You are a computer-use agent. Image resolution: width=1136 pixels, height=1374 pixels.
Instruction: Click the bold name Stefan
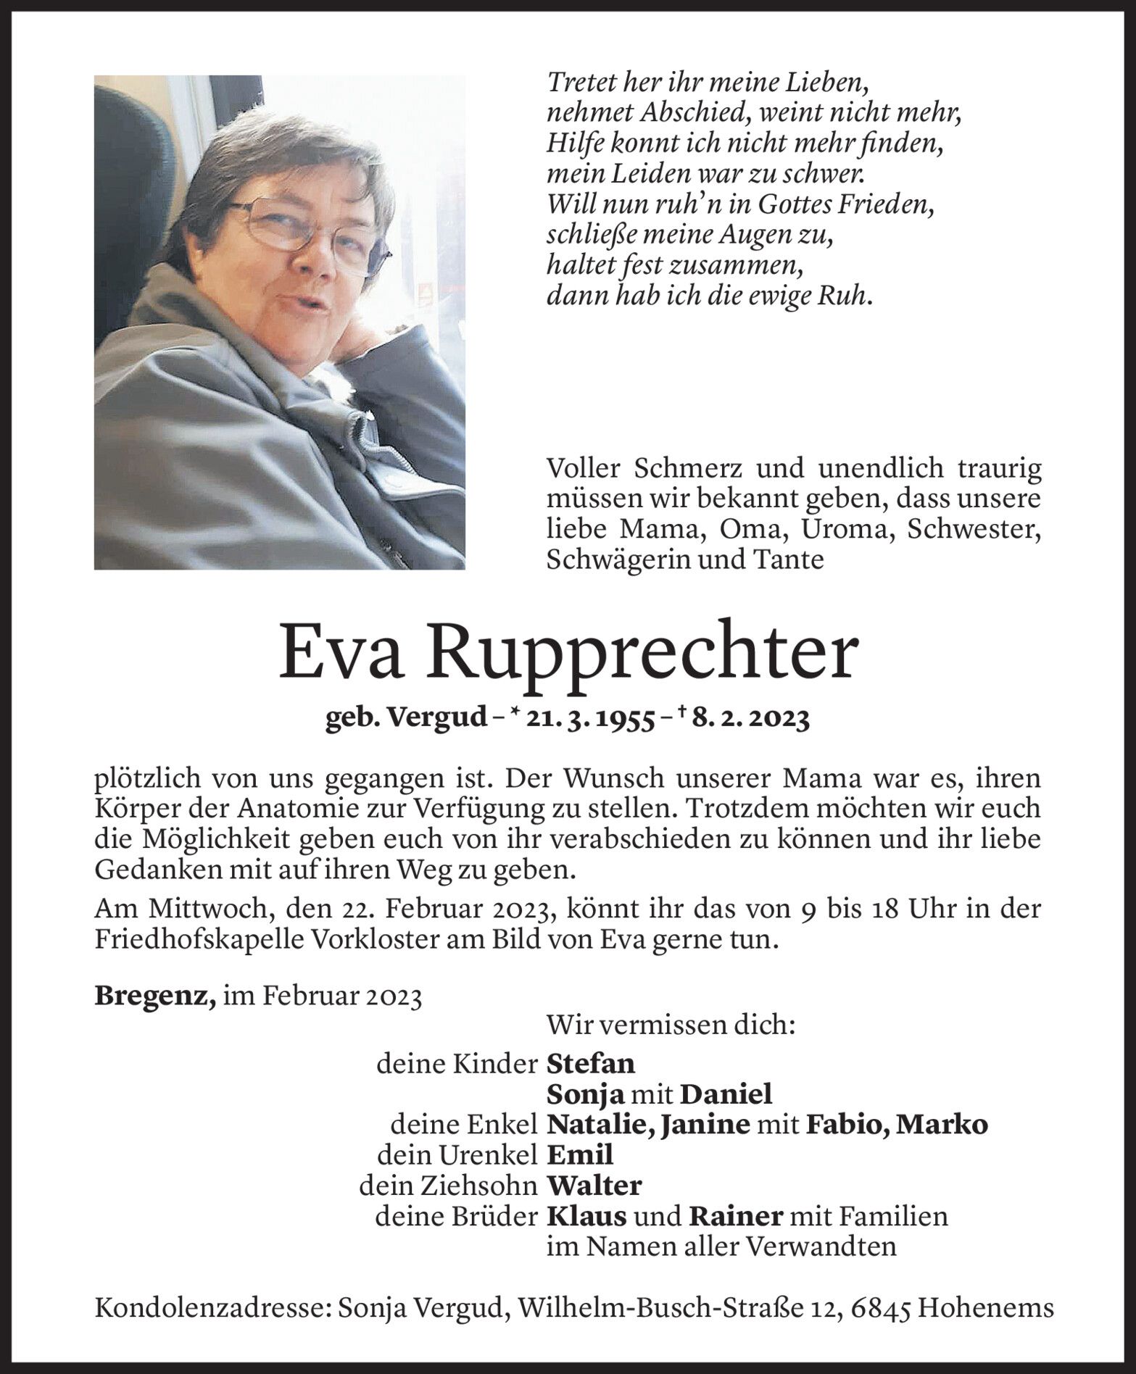(590, 1063)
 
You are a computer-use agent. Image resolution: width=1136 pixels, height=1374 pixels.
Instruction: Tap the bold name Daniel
(727, 1094)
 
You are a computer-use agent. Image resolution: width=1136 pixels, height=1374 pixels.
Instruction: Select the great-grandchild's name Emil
(579, 1154)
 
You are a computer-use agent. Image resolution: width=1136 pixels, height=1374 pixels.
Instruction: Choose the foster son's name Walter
(594, 1186)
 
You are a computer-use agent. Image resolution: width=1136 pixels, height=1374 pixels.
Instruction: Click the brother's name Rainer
(735, 1216)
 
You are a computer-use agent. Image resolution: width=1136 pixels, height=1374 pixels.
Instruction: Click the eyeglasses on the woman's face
(304, 228)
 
